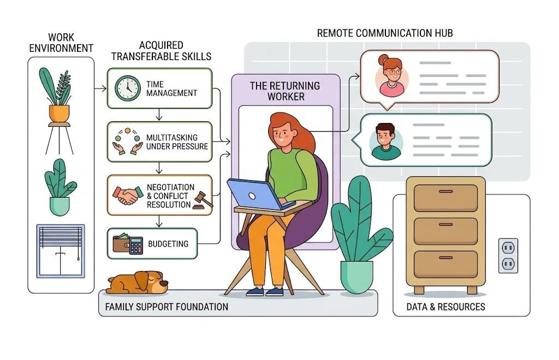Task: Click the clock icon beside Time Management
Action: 128,87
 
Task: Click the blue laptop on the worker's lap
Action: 253,193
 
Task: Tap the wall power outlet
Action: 508,255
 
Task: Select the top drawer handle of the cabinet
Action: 445,192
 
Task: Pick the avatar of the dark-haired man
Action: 385,141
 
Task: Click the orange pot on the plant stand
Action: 59,113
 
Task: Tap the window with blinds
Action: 60,251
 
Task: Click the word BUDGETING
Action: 168,244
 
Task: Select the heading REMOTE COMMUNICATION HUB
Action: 384,34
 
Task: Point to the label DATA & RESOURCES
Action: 445,307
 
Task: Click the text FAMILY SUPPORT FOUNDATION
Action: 166,306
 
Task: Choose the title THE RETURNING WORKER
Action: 284,91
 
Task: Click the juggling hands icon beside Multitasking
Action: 127,140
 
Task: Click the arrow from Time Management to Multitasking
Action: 159,115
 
